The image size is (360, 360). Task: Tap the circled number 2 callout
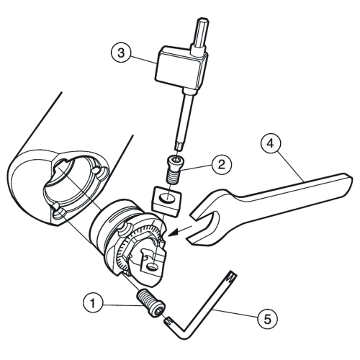pos(222,165)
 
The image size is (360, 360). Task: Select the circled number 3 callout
pos(122,53)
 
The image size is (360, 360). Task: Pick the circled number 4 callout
pos(271,144)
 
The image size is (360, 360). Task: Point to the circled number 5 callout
pos(267,319)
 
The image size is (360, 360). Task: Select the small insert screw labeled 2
pos(174,169)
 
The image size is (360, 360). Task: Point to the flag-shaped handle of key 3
pos(178,66)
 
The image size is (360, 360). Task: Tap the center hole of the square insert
pos(168,198)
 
